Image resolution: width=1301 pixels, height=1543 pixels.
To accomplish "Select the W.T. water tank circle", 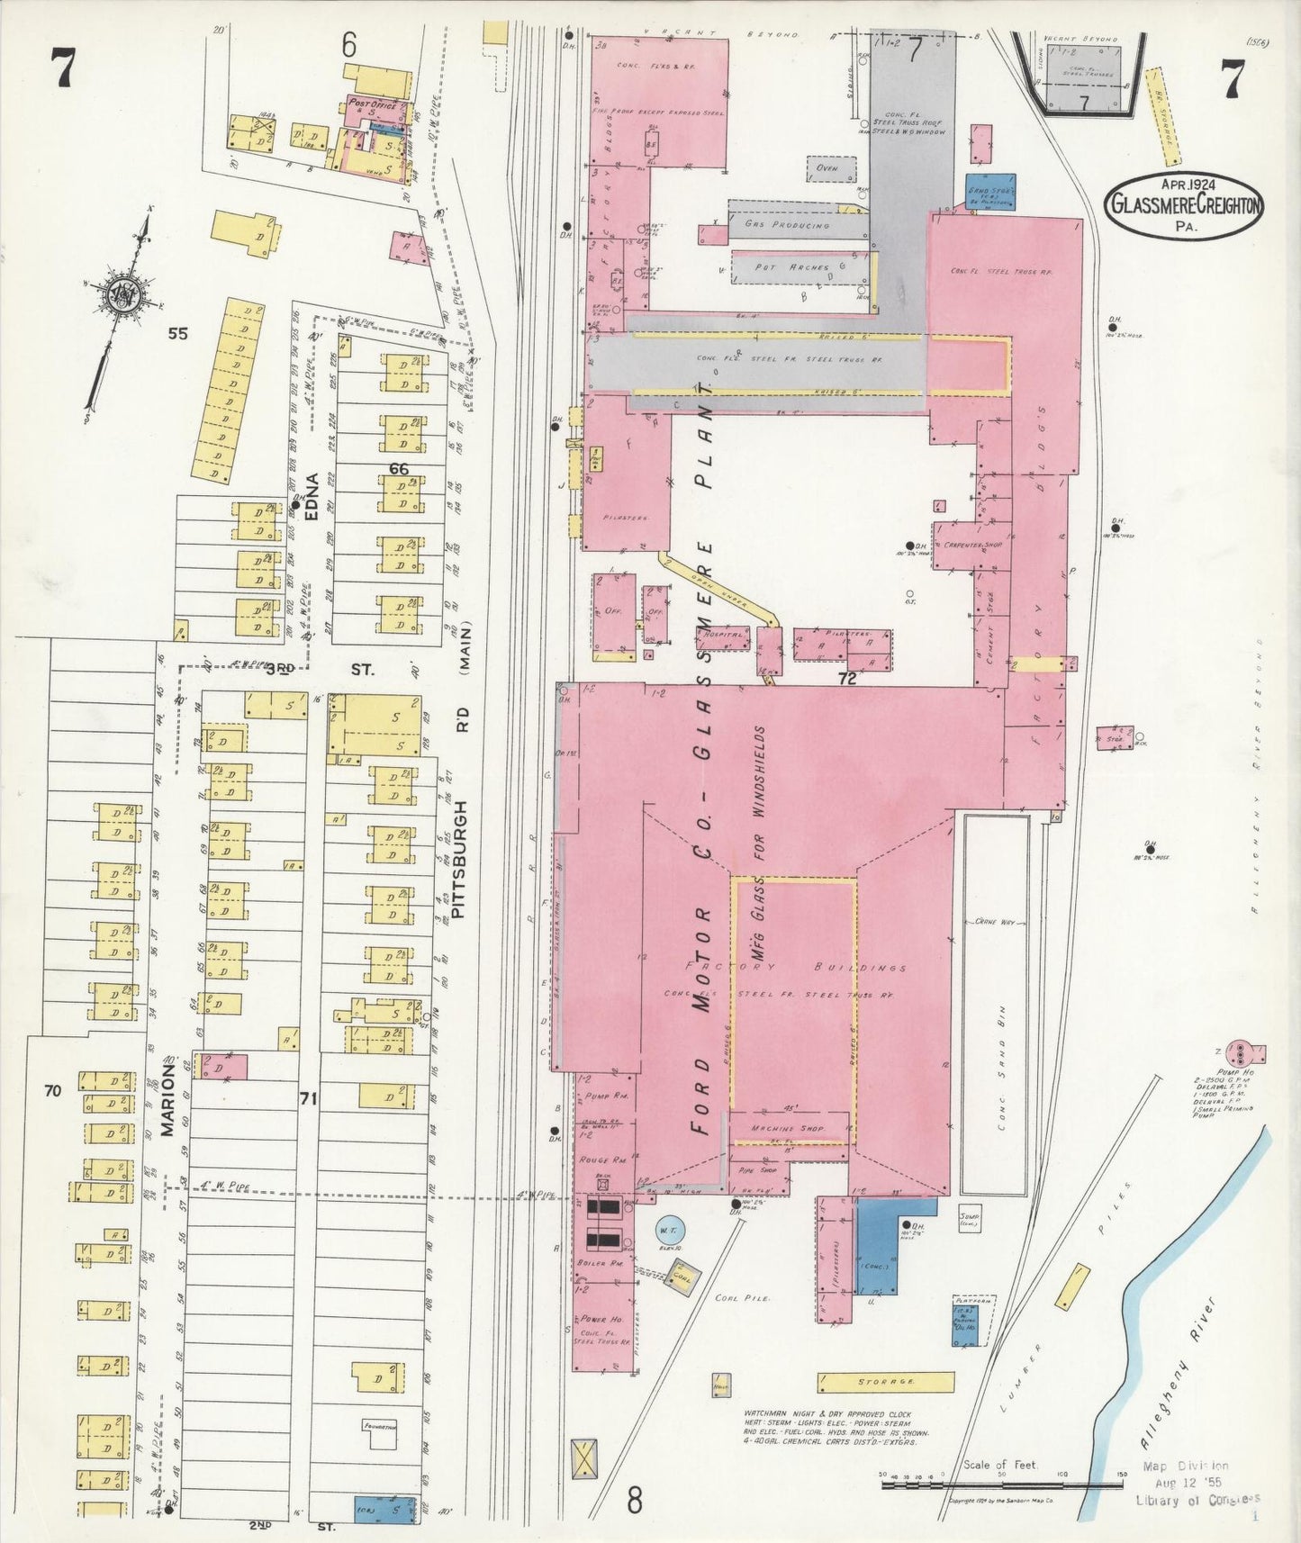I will click(669, 1230).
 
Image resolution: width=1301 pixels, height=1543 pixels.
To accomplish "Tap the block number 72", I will click(846, 679).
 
